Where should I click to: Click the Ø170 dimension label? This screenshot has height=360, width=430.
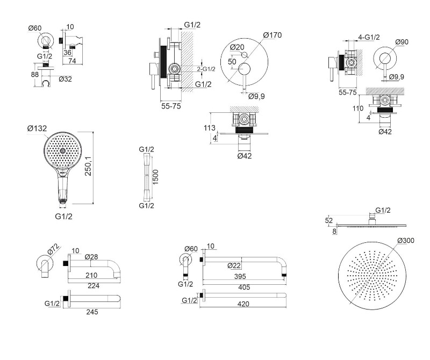[x=273, y=35]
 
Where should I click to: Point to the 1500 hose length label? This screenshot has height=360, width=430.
[x=155, y=176]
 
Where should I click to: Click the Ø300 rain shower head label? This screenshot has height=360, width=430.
[x=406, y=240]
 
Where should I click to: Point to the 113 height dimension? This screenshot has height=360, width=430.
[x=210, y=128]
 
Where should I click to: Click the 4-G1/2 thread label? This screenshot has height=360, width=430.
[x=369, y=37]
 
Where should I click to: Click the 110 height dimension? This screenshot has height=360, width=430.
[x=357, y=108]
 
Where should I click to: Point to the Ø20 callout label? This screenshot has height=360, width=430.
[x=238, y=47]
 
